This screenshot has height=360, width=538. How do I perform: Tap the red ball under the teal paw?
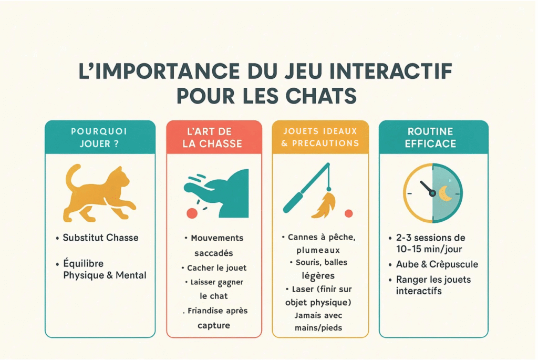click(x=192, y=212)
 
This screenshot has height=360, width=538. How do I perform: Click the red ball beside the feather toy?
click(x=348, y=213)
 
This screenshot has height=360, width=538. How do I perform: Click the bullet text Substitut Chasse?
click(x=100, y=238)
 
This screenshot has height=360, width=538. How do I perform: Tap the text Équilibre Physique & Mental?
click(x=104, y=269)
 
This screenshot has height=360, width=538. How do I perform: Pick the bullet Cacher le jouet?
click(x=216, y=268)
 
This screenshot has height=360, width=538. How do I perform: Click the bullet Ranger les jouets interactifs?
click(x=434, y=285)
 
